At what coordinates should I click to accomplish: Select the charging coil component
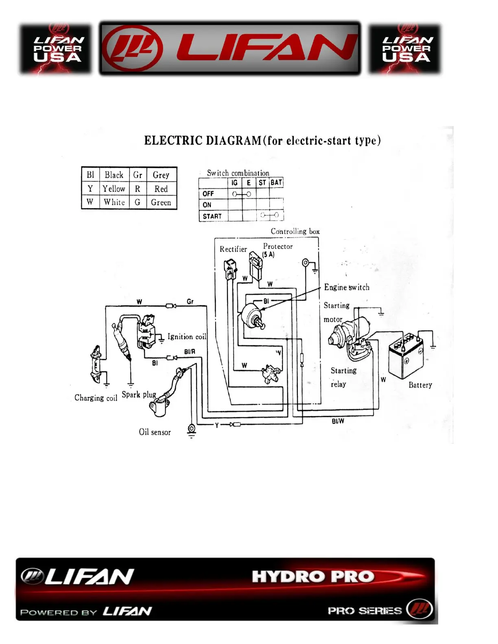pyautogui.click(x=96, y=364)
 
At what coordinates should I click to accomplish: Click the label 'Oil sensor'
pyautogui.click(x=155, y=432)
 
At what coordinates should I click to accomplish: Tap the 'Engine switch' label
pyautogui.click(x=347, y=287)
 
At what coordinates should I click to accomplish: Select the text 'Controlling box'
pyautogui.click(x=295, y=231)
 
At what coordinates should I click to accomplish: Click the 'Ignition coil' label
pyautogui.click(x=187, y=337)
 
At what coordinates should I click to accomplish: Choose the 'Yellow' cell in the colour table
pyautogui.click(x=114, y=189)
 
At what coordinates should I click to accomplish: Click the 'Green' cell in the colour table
pyautogui.click(x=161, y=202)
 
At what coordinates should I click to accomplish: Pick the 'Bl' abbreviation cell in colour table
pyautogui.click(x=90, y=175)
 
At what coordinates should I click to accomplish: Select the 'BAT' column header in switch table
pyautogui.click(x=276, y=183)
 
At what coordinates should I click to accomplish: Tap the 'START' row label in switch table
pyautogui.click(x=212, y=216)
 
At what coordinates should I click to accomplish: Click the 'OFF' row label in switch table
pyautogui.click(x=208, y=194)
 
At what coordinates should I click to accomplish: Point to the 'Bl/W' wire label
pyautogui.click(x=338, y=421)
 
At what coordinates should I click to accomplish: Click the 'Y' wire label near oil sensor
pyautogui.click(x=217, y=425)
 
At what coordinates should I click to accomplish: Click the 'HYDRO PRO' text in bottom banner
pyautogui.click(x=312, y=577)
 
